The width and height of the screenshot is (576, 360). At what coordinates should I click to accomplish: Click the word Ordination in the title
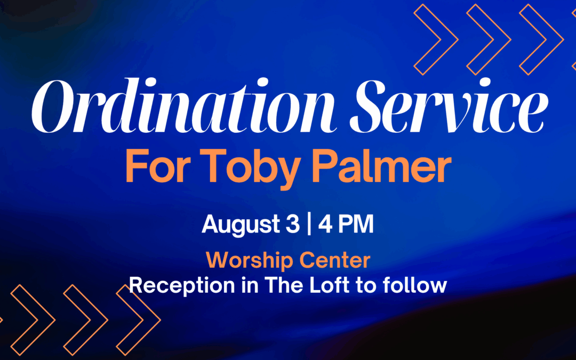point(183,106)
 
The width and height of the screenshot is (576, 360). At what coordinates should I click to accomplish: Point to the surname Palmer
point(382,165)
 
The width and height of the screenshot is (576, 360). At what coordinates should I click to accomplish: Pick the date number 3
point(292,224)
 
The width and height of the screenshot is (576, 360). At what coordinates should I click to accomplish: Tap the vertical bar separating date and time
point(309,224)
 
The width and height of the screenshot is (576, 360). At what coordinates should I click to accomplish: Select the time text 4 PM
point(346,224)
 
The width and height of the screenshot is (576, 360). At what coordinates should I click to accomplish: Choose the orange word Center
point(335,260)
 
